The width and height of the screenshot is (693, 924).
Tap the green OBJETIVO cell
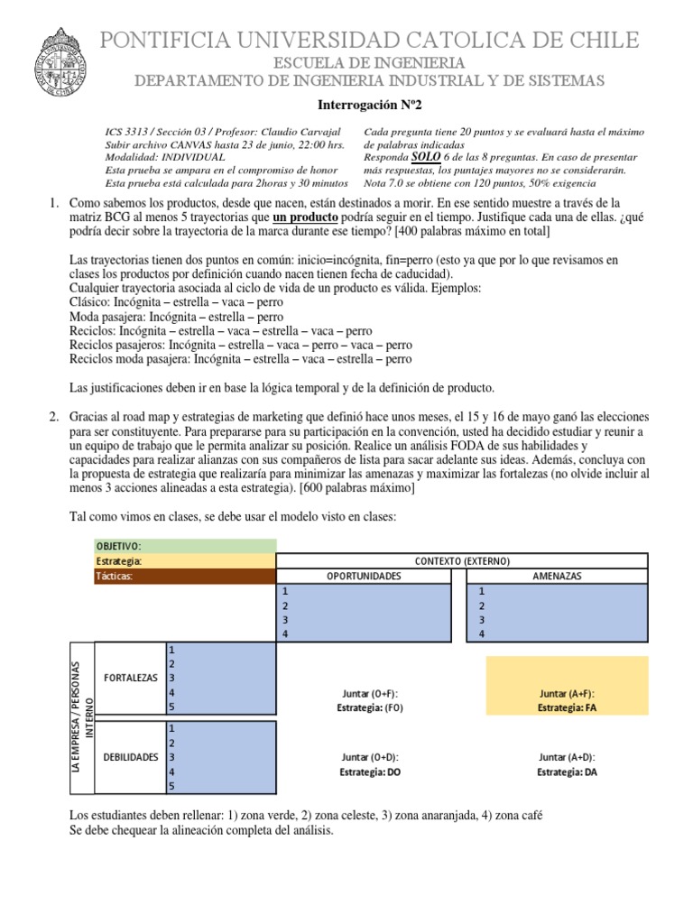click(185, 546)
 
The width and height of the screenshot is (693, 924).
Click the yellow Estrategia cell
click(185, 561)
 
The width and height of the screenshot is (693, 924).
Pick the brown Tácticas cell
click(185, 577)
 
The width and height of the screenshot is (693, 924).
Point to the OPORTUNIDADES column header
click(363, 577)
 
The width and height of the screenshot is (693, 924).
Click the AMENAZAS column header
click(557, 577)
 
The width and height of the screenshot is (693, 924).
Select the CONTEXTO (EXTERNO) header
click(461, 561)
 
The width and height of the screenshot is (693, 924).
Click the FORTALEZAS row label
click(131, 677)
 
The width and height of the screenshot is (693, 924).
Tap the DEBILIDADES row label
click(130, 757)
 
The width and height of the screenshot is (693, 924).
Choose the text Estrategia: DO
click(370, 772)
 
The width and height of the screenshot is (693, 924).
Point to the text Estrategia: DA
click(567, 772)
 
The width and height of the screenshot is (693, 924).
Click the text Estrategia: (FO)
click(370, 707)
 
